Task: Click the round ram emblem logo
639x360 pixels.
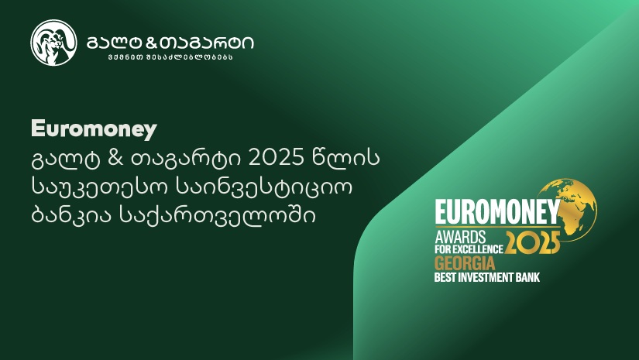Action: coord(53,43)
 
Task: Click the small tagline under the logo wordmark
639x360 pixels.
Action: coord(170,57)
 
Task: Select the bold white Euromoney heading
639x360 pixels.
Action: coord(94,129)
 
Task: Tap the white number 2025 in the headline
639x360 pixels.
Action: coord(277,159)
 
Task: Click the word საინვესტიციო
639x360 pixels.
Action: coord(264,187)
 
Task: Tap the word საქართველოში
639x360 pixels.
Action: coord(217,215)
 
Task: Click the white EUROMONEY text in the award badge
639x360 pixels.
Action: coord(497,212)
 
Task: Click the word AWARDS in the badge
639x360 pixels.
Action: coord(460,237)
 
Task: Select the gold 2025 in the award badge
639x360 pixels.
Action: coord(533,243)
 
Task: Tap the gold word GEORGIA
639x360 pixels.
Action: coord(465,263)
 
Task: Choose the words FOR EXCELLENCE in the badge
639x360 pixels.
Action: coord(469,249)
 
